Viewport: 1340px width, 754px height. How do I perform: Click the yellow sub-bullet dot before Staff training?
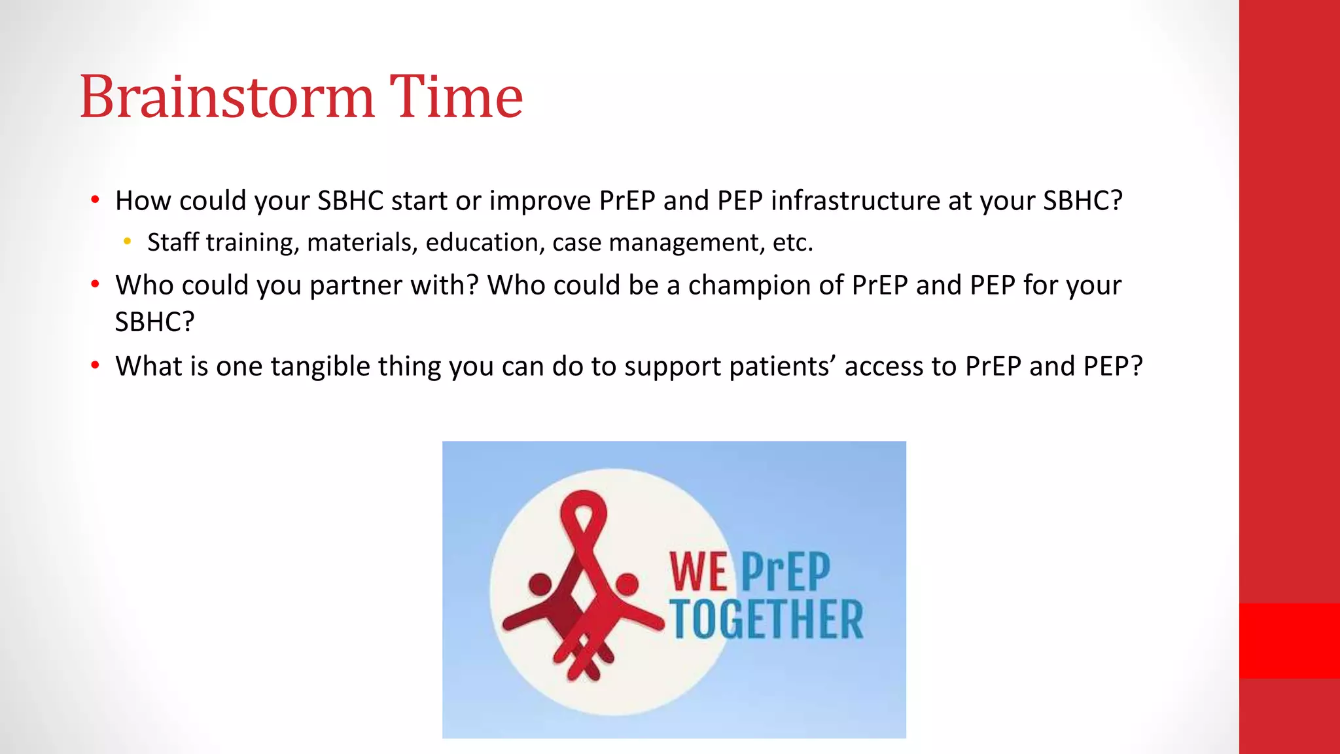[127, 242]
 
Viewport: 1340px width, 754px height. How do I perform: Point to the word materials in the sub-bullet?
[362, 243]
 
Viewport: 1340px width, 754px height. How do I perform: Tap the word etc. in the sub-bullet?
[792, 243]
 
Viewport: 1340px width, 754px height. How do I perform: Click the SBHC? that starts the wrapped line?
[154, 322]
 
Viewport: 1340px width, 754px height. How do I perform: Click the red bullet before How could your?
[96, 200]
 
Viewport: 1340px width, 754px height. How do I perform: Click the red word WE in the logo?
[698, 572]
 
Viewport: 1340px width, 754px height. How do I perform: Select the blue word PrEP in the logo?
[785, 572]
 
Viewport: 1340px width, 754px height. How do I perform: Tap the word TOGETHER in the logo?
[766, 619]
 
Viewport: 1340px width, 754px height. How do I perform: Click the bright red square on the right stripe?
[1289, 640]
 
